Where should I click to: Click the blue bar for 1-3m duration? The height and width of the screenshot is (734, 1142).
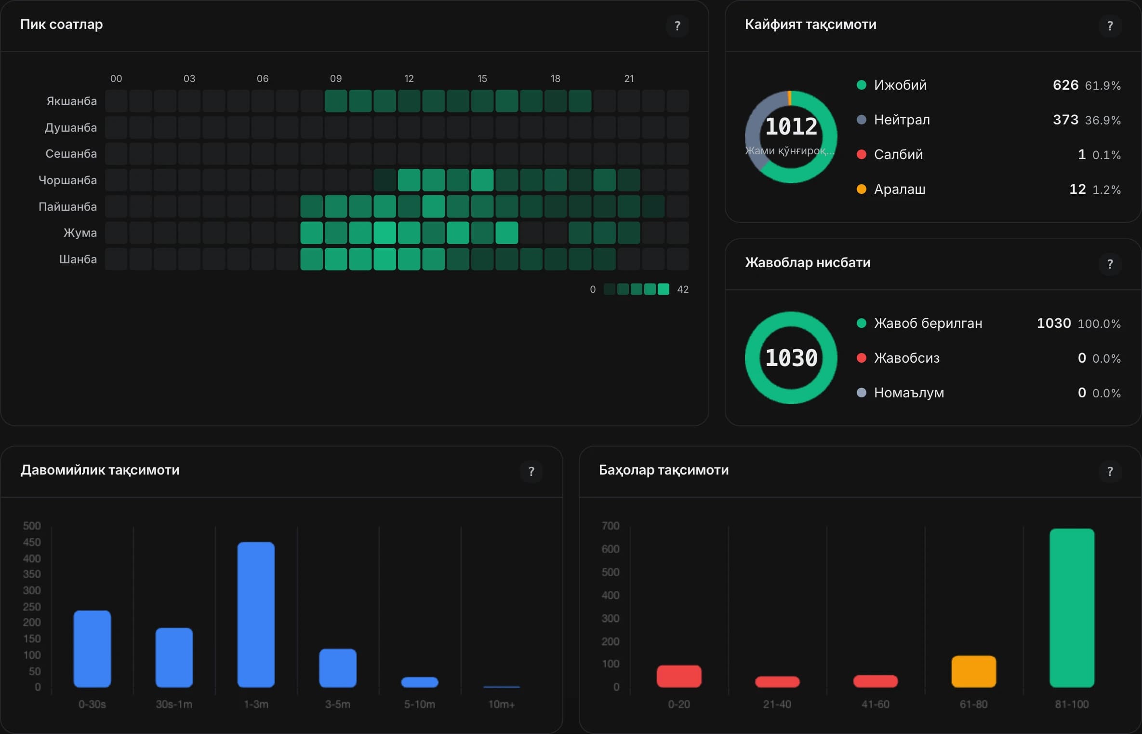click(256, 614)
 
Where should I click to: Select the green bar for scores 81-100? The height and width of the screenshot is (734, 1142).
click(1072, 608)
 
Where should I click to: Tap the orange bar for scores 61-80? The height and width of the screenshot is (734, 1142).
click(973, 671)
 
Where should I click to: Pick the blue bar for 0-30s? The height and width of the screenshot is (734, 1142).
click(92, 649)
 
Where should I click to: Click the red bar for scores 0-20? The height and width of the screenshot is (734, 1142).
click(679, 676)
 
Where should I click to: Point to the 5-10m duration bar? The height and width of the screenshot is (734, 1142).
click(420, 682)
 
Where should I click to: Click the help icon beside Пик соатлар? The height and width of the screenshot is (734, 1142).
click(677, 26)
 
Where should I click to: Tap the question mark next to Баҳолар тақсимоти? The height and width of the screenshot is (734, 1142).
click(1110, 471)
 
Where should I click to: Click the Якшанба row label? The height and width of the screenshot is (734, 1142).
click(71, 101)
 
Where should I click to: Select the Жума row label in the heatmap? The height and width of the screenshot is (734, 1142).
click(80, 233)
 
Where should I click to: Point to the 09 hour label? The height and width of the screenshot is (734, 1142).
click(336, 79)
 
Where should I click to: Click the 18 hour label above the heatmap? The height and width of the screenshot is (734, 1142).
click(556, 79)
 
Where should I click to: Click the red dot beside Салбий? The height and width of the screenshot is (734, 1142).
click(862, 154)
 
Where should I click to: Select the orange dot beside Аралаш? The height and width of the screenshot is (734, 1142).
click(862, 189)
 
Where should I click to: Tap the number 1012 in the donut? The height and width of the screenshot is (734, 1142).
click(791, 126)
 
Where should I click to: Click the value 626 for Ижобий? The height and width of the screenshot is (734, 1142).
click(1065, 85)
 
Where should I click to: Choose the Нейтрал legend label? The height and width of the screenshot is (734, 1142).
click(902, 120)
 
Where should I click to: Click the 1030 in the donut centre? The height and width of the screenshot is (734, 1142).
click(791, 358)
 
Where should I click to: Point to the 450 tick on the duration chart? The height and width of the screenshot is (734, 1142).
click(32, 542)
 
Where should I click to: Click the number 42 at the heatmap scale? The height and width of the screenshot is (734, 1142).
click(683, 289)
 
